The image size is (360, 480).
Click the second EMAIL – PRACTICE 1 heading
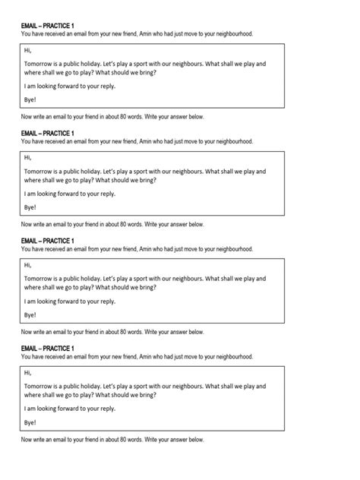click(x=47, y=133)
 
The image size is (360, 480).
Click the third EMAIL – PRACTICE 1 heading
click(x=47, y=241)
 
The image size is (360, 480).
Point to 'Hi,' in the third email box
click(x=29, y=265)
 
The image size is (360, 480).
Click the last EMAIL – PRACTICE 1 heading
click(x=47, y=349)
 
